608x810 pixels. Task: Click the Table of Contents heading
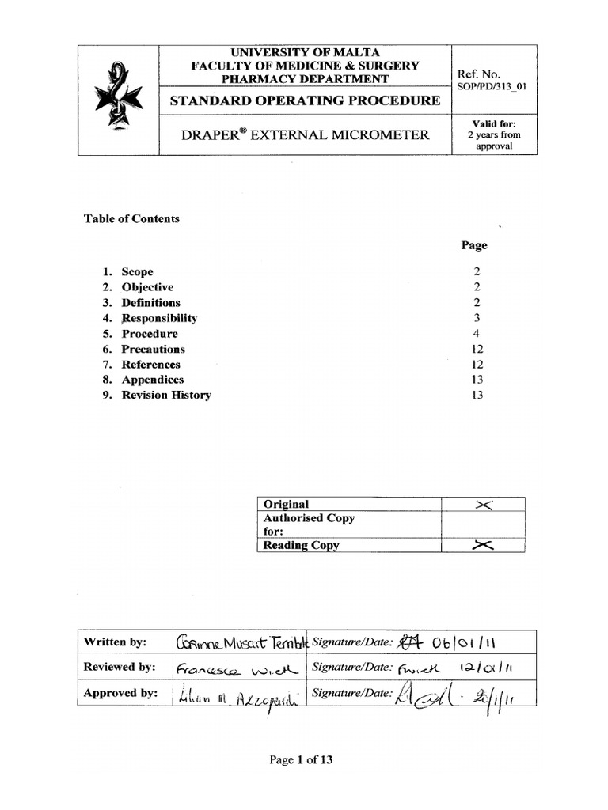131,219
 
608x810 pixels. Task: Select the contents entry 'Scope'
137,272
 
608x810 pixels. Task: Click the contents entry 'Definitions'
150,303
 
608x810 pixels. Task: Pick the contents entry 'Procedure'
150,334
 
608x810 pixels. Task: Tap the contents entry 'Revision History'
166,396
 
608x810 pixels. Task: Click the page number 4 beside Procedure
476,334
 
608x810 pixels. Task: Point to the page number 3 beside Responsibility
476,319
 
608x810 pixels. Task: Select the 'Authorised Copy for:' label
309,525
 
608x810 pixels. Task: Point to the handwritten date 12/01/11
475,668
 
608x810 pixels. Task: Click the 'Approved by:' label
119,694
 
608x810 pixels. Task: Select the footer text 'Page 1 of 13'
301,760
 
